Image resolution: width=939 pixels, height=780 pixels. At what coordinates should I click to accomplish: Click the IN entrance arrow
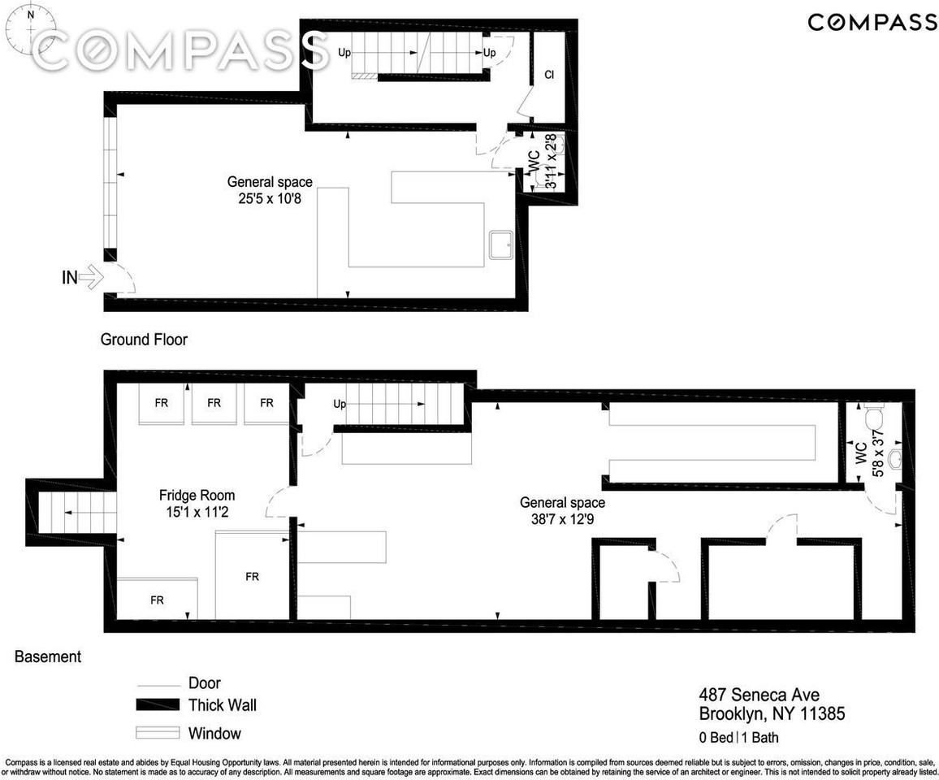pyautogui.click(x=89, y=278)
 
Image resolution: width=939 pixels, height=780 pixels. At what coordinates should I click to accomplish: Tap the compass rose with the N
pyautogui.click(x=31, y=28)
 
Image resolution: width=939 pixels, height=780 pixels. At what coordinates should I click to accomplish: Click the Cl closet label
pyautogui.click(x=549, y=76)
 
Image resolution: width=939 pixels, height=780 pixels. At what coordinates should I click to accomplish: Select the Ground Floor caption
pyautogui.click(x=144, y=340)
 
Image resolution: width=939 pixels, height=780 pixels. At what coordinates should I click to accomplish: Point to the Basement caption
pyautogui.click(x=48, y=656)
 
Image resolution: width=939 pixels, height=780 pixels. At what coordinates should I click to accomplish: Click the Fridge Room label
pyautogui.click(x=197, y=496)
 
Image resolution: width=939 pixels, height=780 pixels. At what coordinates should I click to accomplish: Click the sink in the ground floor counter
pyautogui.click(x=499, y=244)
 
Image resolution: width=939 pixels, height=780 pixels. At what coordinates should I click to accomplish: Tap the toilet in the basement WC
pyautogui.click(x=875, y=418)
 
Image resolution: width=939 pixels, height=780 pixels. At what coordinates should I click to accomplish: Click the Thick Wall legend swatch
pyautogui.click(x=157, y=705)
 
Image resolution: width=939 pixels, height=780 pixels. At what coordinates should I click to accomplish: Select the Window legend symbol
pyautogui.click(x=157, y=733)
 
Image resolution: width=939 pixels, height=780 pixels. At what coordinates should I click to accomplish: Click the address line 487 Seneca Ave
pyautogui.click(x=759, y=695)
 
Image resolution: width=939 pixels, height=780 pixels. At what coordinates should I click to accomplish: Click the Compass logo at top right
pyautogui.click(x=872, y=22)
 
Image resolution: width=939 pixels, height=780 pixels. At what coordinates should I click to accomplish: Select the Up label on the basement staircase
pyautogui.click(x=340, y=405)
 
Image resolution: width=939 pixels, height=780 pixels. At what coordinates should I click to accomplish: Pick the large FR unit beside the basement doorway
pyautogui.click(x=253, y=575)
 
